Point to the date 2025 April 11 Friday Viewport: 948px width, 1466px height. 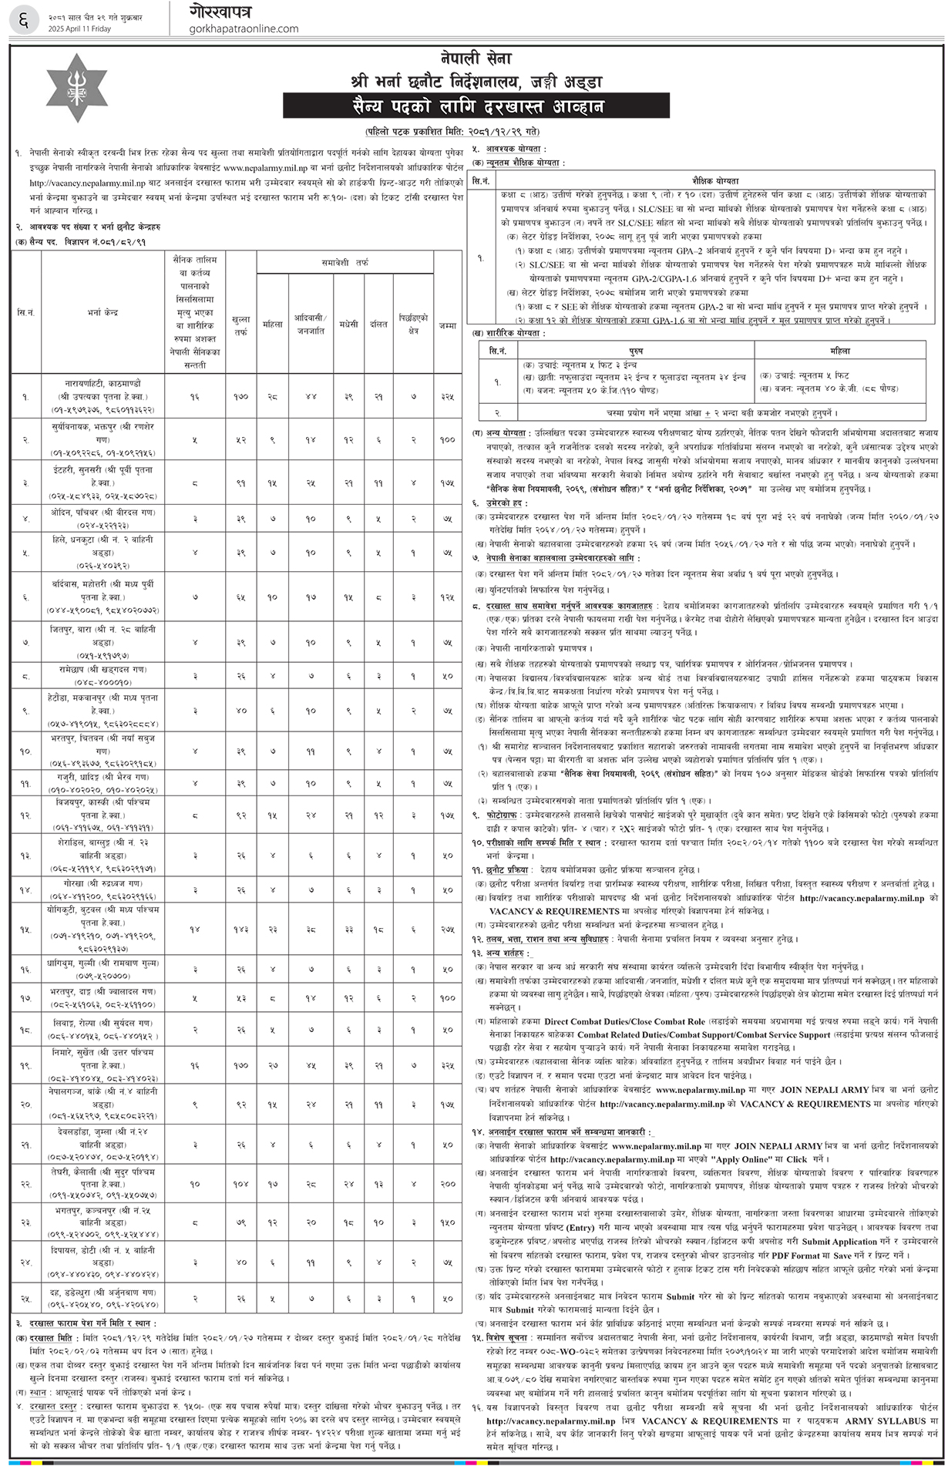tap(80, 29)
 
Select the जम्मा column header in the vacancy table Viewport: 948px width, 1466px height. tap(447, 325)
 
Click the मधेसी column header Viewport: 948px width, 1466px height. tap(348, 325)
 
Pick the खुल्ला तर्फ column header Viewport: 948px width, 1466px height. tap(240, 325)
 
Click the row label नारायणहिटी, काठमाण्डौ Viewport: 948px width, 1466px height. tap(103, 383)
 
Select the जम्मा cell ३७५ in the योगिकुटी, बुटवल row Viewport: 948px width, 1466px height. tap(447, 930)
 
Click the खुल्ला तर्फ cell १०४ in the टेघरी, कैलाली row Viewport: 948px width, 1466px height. tap(240, 1183)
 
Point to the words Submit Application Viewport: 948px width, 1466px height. tap(840, 1242)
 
